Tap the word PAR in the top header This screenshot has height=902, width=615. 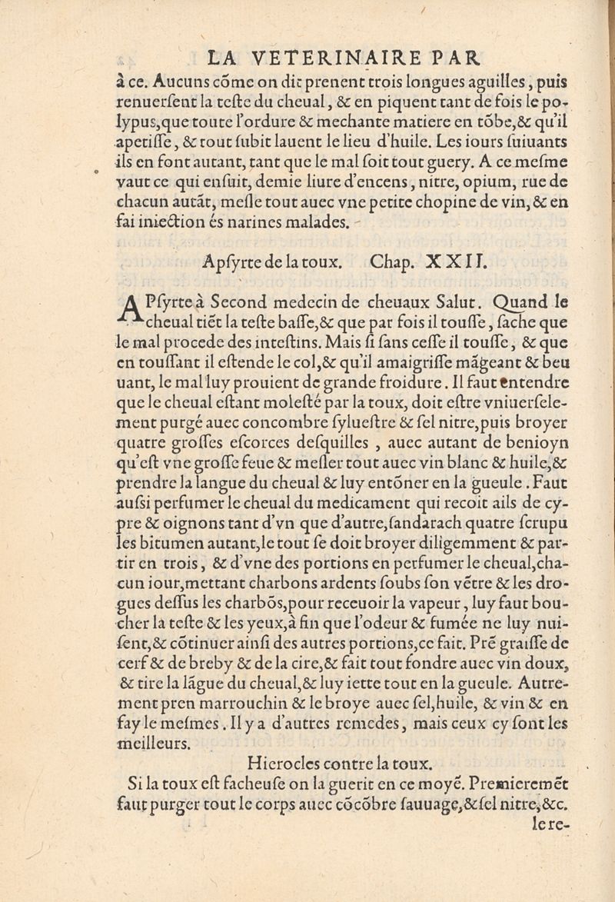[456, 58]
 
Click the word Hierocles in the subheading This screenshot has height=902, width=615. [281, 764]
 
